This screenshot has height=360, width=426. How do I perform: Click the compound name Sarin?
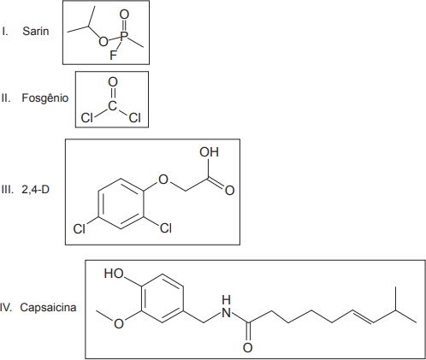36,31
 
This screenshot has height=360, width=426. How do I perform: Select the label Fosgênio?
45,98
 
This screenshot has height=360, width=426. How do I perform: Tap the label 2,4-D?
35,189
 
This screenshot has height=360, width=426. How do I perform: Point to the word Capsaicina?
48,307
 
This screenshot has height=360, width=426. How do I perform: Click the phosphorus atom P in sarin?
124,36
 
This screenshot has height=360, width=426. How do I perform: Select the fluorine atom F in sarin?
113,56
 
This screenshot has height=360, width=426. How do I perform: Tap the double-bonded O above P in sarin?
124,15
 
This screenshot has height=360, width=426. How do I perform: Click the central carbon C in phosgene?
112,106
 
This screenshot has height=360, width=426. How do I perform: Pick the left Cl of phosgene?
86,117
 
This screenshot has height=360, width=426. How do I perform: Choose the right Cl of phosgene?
134,117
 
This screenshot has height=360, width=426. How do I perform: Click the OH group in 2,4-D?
209,152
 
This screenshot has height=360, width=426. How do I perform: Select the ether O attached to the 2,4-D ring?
163,180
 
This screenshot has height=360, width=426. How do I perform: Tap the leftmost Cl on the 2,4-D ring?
79,228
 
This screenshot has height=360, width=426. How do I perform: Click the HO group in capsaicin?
114,274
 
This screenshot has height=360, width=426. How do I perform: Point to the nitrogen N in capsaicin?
226,313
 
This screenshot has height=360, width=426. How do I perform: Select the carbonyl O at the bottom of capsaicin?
247,348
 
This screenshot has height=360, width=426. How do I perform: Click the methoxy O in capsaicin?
119,323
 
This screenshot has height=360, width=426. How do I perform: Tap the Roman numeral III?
8,189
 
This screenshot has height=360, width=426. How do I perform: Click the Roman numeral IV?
6,308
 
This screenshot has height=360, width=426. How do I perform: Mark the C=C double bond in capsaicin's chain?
363,316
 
